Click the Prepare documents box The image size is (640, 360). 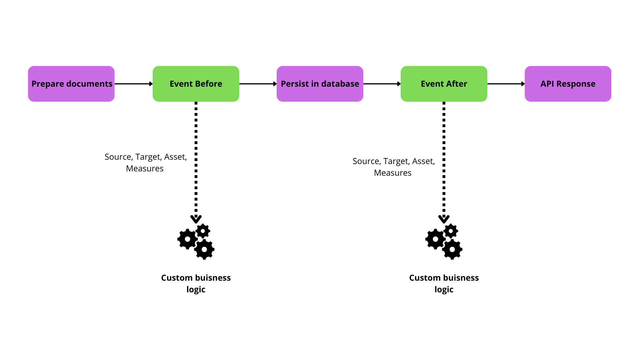[x=71, y=84]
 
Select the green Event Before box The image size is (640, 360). [x=196, y=84]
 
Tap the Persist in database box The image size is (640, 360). [x=320, y=84]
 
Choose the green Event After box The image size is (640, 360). [x=444, y=84]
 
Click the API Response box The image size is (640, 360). [x=568, y=84]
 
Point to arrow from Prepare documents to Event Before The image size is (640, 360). [x=133, y=84]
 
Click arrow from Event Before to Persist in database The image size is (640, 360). [x=258, y=84]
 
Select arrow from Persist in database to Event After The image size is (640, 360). [x=382, y=84]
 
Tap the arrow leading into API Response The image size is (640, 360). [x=506, y=84]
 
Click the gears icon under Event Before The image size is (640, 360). [x=196, y=242]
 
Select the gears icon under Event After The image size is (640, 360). [x=444, y=242]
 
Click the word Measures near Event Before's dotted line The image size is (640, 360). [x=145, y=169]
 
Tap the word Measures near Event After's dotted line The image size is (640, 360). [x=393, y=173]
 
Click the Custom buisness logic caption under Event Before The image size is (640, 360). [x=196, y=283]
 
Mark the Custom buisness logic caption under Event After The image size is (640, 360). [x=444, y=283]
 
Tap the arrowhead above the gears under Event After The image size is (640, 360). [x=444, y=219]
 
